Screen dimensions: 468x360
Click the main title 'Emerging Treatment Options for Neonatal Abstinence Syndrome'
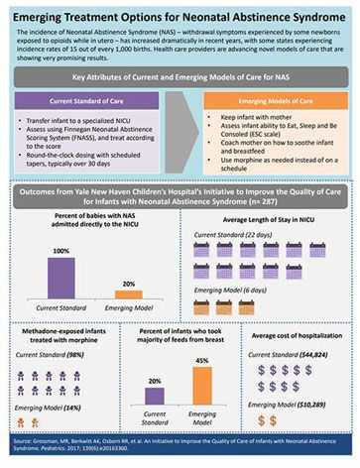pos(180,12)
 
